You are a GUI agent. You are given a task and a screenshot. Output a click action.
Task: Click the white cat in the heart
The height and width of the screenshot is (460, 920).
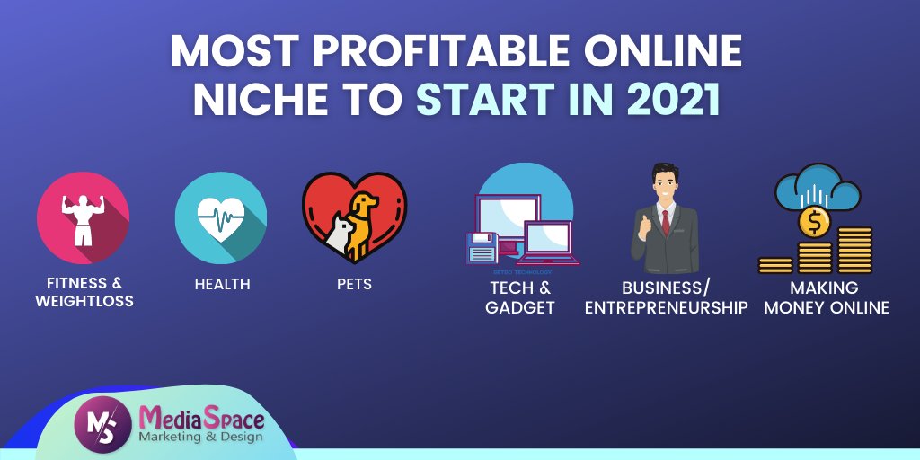tap(338, 235)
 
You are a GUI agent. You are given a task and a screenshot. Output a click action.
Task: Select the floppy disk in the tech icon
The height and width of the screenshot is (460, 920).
tap(482, 247)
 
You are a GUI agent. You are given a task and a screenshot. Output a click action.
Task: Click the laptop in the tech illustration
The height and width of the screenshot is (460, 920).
tap(548, 243)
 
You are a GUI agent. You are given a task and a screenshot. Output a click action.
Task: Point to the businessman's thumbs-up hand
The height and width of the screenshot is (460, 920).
tap(643, 230)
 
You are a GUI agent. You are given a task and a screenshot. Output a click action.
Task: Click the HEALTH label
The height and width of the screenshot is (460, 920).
tap(222, 285)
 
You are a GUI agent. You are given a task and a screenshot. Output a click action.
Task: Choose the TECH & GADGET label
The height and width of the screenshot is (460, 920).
tap(520, 297)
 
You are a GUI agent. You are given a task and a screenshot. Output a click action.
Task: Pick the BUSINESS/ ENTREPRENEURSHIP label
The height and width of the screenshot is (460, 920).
tap(666, 297)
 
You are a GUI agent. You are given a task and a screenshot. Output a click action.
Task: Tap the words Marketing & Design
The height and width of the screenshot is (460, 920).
tap(200, 437)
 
